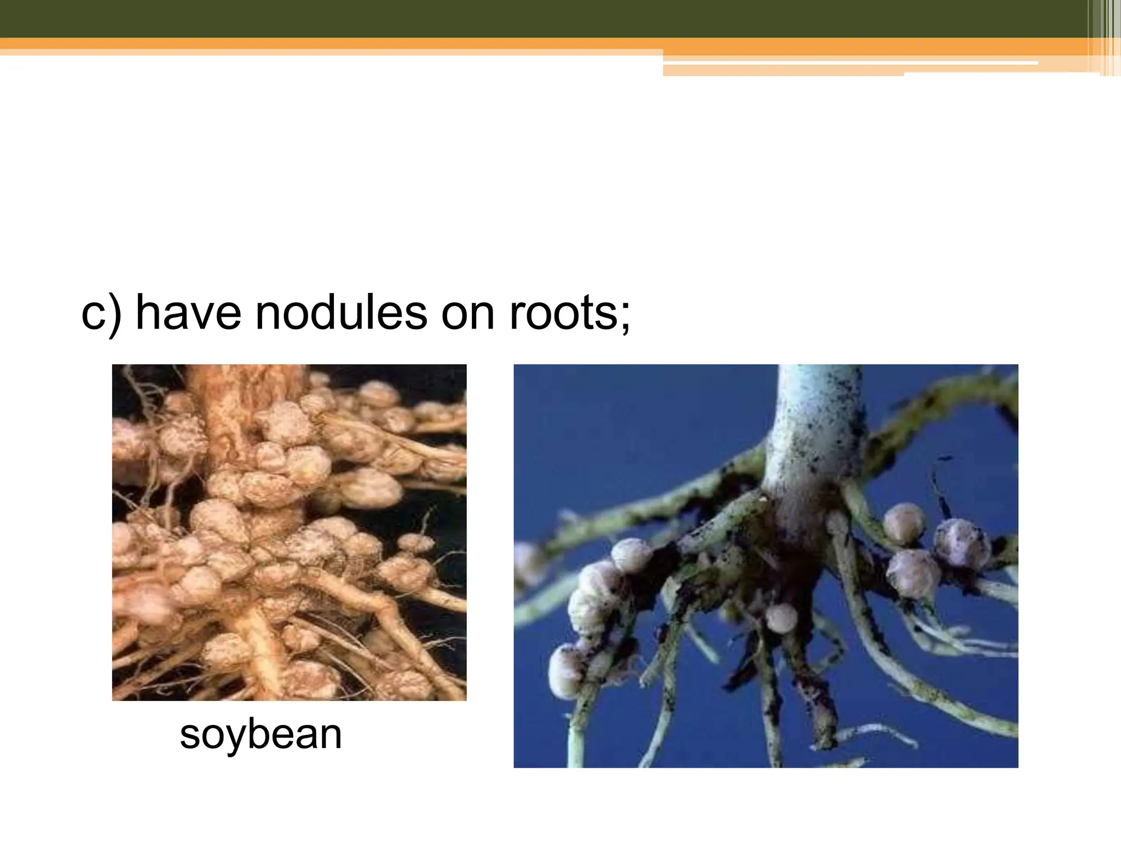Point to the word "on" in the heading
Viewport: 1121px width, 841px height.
pos(467,314)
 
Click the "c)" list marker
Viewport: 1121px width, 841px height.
pos(101,314)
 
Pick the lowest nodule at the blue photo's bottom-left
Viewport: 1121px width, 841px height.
pos(566,671)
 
